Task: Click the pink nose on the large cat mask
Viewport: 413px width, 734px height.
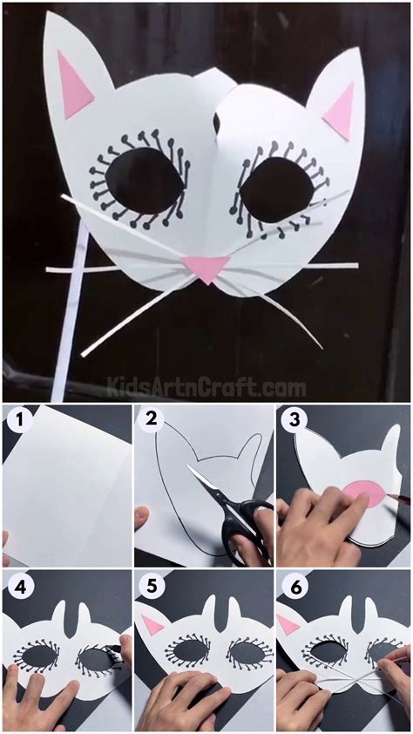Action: click(x=206, y=268)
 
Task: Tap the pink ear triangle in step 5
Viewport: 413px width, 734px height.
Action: click(x=153, y=624)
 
